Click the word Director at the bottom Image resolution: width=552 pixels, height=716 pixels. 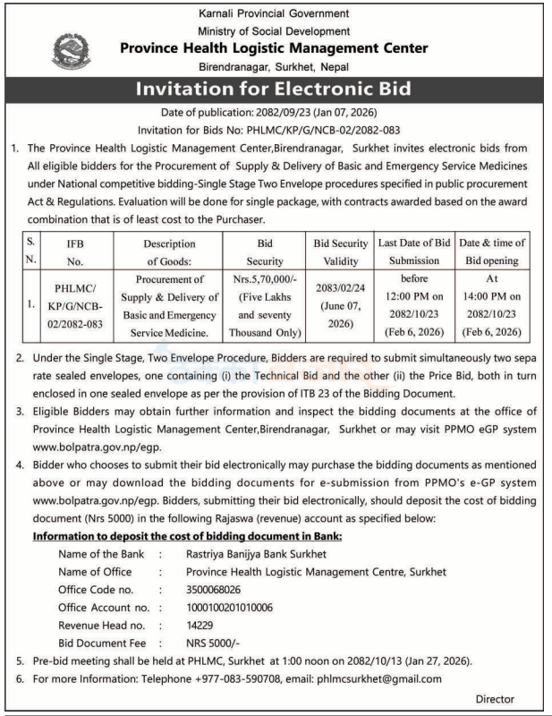[495, 699]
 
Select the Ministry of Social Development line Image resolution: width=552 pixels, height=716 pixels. [275, 30]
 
